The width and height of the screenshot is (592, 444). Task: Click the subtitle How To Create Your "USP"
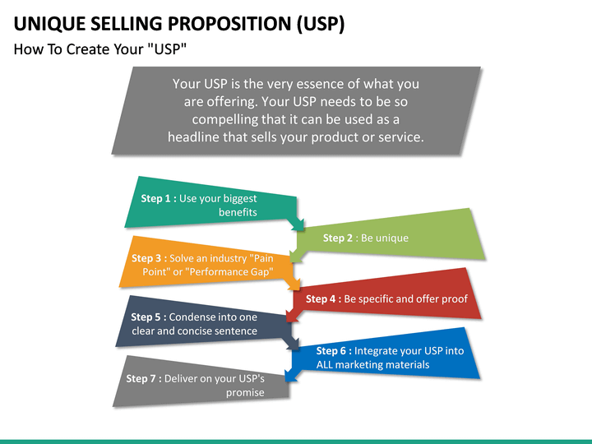click(x=101, y=49)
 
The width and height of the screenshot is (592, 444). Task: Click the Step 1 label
click(x=156, y=198)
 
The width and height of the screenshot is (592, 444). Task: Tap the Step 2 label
click(x=339, y=238)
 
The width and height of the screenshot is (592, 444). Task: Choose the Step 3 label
click(x=148, y=258)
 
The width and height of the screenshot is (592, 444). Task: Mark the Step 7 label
click(x=142, y=379)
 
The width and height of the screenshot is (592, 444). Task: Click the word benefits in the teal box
click(x=238, y=212)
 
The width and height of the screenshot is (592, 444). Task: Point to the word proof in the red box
click(x=453, y=299)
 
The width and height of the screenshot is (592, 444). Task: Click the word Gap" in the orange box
click(x=256, y=272)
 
